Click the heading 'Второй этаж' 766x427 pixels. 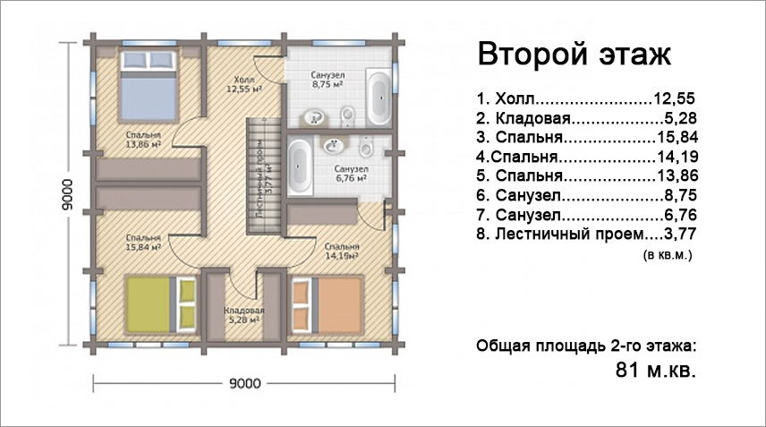[574, 55]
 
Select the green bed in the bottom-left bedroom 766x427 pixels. [160, 304]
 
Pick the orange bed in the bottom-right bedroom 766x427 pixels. [327, 304]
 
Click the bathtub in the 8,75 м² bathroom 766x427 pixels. [379, 98]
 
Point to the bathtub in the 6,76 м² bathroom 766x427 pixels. [299, 166]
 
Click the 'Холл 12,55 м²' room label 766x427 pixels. [243, 84]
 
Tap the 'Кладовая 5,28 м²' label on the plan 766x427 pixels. [243, 315]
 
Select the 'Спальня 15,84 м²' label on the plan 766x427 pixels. [143, 243]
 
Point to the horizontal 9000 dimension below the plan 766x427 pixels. [244, 383]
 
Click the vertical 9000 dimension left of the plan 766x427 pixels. [67, 194]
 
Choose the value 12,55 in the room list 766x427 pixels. [674, 98]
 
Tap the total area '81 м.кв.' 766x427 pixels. [655, 370]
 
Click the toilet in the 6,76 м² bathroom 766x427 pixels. [365, 145]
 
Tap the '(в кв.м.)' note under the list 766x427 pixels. [668, 254]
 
